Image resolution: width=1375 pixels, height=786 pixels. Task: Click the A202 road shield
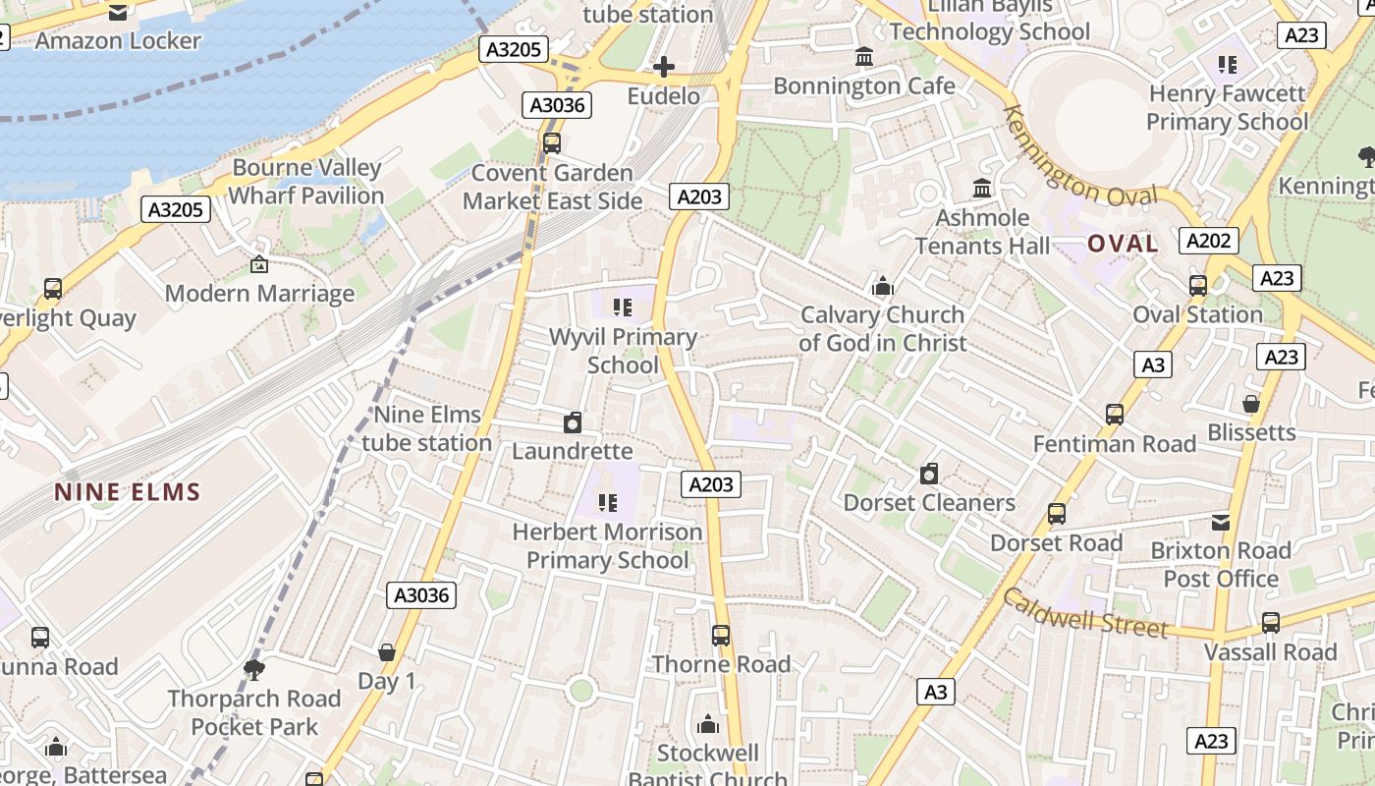(x=1210, y=241)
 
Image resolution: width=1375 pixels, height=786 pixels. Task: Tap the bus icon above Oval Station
(x=1198, y=286)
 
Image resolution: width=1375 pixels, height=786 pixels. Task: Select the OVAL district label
(x=1123, y=244)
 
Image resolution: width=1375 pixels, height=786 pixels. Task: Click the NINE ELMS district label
(x=128, y=492)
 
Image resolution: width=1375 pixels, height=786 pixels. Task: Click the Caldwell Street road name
(x=1084, y=613)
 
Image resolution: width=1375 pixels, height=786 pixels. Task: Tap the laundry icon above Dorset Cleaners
(x=929, y=475)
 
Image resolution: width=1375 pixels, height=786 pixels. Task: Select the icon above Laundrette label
(x=573, y=422)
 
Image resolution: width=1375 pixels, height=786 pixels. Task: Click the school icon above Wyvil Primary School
(x=622, y=309)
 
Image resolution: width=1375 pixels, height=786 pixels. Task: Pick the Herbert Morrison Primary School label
(x=607, y=546)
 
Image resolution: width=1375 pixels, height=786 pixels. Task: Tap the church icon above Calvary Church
(x=883, y=287)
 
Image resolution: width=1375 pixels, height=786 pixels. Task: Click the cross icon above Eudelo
(x=664, y=67)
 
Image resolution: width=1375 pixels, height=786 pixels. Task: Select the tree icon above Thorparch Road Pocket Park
(x=254, y=670)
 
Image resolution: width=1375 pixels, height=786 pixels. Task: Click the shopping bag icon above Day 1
(x=387, y=652)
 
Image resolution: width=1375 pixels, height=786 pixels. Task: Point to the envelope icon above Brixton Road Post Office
(x=1221, y=522)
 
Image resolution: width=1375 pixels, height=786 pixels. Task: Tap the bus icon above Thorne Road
(x=721, y=636)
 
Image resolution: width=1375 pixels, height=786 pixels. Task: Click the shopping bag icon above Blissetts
(x=1251, y=404)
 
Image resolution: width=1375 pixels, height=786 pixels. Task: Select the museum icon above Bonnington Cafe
(x=864, y=57)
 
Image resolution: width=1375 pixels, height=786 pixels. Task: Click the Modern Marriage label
(x=259, y=293)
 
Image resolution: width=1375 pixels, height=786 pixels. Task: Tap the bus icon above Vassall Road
(x=1271, y=623)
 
